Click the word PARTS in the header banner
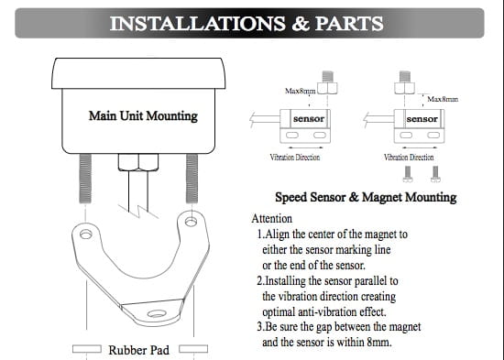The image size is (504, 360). pos(349,24)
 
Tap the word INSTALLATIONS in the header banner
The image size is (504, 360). pos(197,24)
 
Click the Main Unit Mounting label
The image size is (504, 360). pos(143,115)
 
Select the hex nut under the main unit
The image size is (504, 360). pos(138,162)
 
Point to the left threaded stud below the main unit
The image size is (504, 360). pos(85,179)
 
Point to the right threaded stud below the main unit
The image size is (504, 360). pos(192,179)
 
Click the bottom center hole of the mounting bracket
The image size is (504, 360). pos(157,313)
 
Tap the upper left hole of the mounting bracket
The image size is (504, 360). pos(86,234)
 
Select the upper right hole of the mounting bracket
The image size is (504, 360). pos(191,221)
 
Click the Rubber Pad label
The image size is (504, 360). pos(139,350)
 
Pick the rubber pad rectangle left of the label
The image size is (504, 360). pos(87,349)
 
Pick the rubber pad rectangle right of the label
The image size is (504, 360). pos(193,349)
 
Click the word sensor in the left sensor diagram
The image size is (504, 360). pos(309,118)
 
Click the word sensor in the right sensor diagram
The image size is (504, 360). pos(422,119)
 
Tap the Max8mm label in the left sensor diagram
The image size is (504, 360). pos(301,91)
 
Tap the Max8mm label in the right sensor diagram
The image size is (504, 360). pos(443,99)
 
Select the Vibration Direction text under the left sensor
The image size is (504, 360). pos(295,158)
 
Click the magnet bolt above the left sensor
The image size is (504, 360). pos(327,82)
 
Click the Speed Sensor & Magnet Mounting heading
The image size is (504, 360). pos(366,197)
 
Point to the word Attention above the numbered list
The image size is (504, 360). pos(272,219)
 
